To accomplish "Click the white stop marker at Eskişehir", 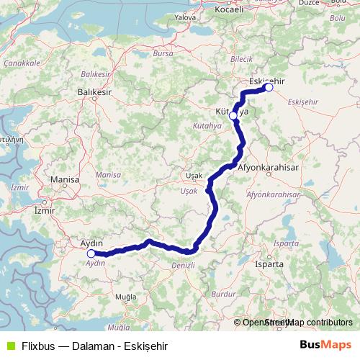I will click(x=269, y=88).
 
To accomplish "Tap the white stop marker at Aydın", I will click(x=91, y=253).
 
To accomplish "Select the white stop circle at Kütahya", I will click(x=233, y=115).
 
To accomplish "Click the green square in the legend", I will click(x=9, y=345).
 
